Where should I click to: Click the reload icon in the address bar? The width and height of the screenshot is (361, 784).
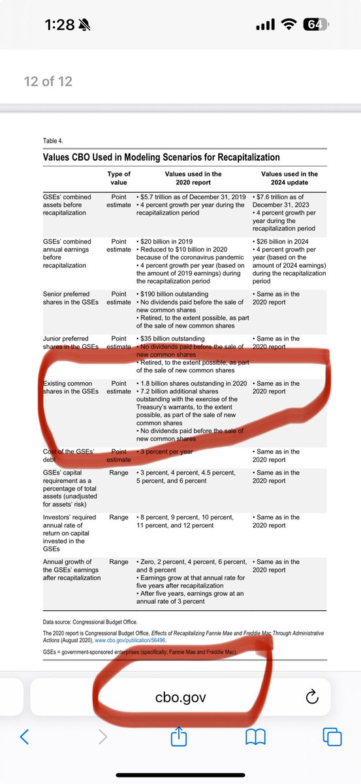click(x=312, y=697)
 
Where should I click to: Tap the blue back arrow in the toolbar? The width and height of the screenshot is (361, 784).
click(x=24, y=738)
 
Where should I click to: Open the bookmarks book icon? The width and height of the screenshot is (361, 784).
click(x=255, y=738)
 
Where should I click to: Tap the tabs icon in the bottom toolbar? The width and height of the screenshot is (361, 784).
click(x=332, y=738)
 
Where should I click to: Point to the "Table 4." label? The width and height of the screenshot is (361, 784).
click(x=54, y=140)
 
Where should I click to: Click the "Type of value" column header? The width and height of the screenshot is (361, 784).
click(x=119, y=178)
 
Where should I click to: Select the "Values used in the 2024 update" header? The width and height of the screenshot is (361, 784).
click(x=289, y=178)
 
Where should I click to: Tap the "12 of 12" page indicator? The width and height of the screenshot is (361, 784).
click(x=48, y=82)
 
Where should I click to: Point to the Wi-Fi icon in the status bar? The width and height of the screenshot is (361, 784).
click(x=287, y=25)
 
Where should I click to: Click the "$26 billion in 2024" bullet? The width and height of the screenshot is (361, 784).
click(x=285, y=242)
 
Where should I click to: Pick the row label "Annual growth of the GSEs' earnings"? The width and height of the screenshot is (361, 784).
click(x=67, y=570)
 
